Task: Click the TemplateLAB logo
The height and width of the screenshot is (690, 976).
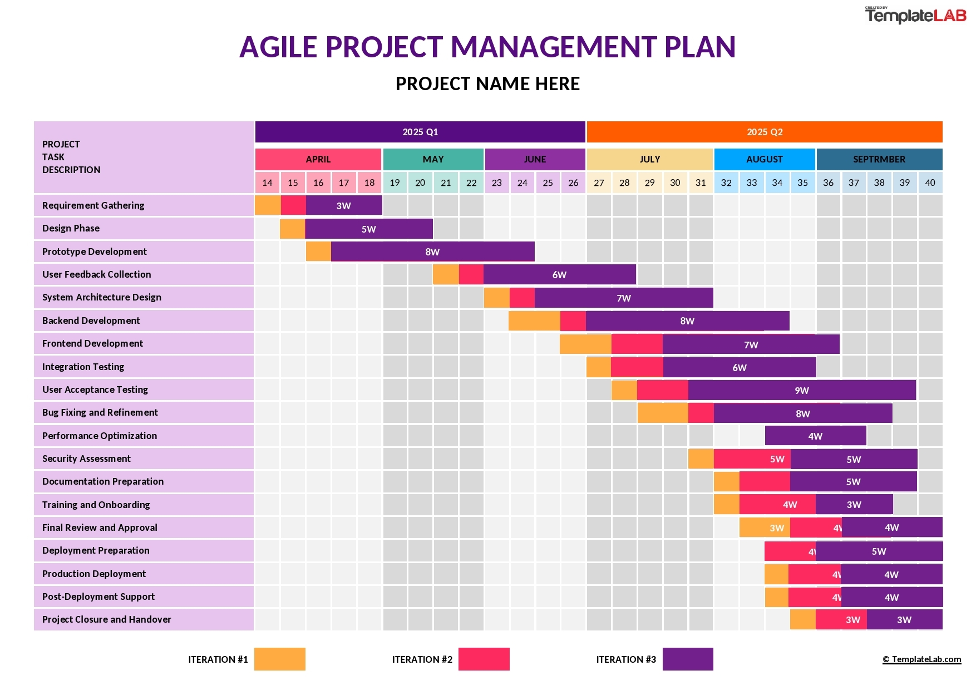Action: click(x=915, y=15)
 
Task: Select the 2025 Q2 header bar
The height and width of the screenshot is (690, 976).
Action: click(x=764, y=132)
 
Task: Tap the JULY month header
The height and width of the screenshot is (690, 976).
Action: click(x=649, y=159)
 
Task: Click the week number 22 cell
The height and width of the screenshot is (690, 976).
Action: click(x=471, y=183)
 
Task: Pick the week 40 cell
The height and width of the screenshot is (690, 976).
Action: click(x=930, y=183)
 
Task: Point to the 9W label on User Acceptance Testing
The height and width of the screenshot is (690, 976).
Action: click(x=801, y=391)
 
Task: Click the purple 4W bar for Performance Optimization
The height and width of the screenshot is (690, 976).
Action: click(x=815, y=436)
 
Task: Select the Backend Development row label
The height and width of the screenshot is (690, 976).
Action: click(x=91, y=321)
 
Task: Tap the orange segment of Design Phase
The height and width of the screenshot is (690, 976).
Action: click(x=292, y=229)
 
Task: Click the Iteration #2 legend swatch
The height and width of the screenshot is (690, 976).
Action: click(x=484, y=659)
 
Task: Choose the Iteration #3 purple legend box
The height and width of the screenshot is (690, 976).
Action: click(x=687, y=659)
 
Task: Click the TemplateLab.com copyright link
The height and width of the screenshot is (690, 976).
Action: click(x=921, y=659)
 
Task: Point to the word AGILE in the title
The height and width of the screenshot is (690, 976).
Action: click(x=278, y=47)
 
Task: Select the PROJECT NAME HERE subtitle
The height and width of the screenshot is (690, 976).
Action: click(x=487, y=84)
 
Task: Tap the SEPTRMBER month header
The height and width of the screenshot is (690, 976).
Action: click(x=879, y=159)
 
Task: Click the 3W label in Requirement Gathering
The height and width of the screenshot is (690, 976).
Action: click(x=343, y=206)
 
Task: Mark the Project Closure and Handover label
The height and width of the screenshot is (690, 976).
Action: click(x=107, y=619)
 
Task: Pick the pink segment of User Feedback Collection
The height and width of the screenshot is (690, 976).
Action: click(x=471, y=274)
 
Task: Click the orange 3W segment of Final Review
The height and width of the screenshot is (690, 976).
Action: click(x=765, y=528)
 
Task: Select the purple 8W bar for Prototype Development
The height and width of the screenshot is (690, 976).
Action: click(x=432, y=252)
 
